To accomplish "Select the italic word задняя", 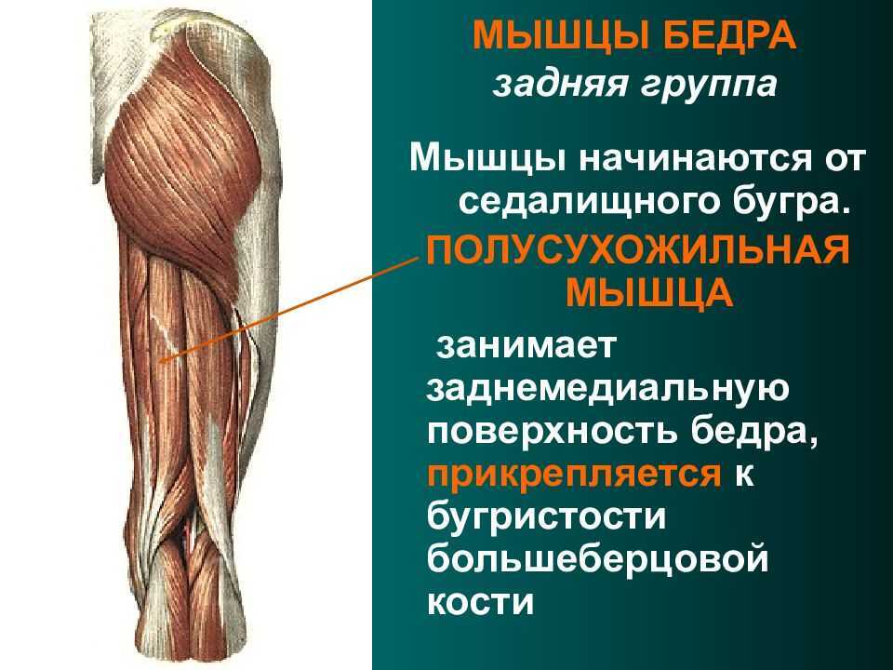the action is [x=559, y=85].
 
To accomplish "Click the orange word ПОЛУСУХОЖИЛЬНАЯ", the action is [x=638, y=250].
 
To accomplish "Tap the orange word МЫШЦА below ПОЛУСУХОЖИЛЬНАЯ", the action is [x=648, y=292].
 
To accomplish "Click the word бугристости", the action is [x=546, y=516].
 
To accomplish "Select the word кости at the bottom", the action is [x=481, y=602].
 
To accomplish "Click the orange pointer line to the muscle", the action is [x=288, y=311].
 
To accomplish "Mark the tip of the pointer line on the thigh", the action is [x=160, y=361].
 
